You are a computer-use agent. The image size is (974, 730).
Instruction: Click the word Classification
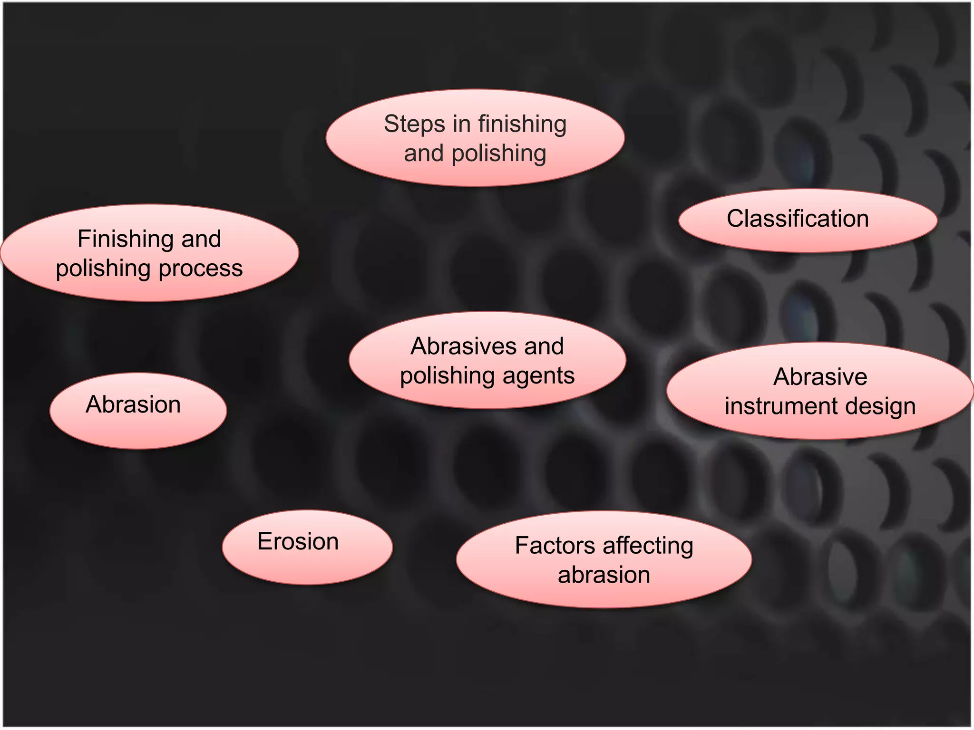(x=798, y=219)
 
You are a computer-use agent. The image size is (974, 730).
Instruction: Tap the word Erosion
(x=298, y=542)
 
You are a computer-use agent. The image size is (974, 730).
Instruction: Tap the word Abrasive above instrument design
(x=820, y=377)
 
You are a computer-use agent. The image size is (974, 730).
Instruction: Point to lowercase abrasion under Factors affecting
(x=604, y=575)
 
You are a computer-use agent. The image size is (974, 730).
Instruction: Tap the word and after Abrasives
(x=543, y=346)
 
